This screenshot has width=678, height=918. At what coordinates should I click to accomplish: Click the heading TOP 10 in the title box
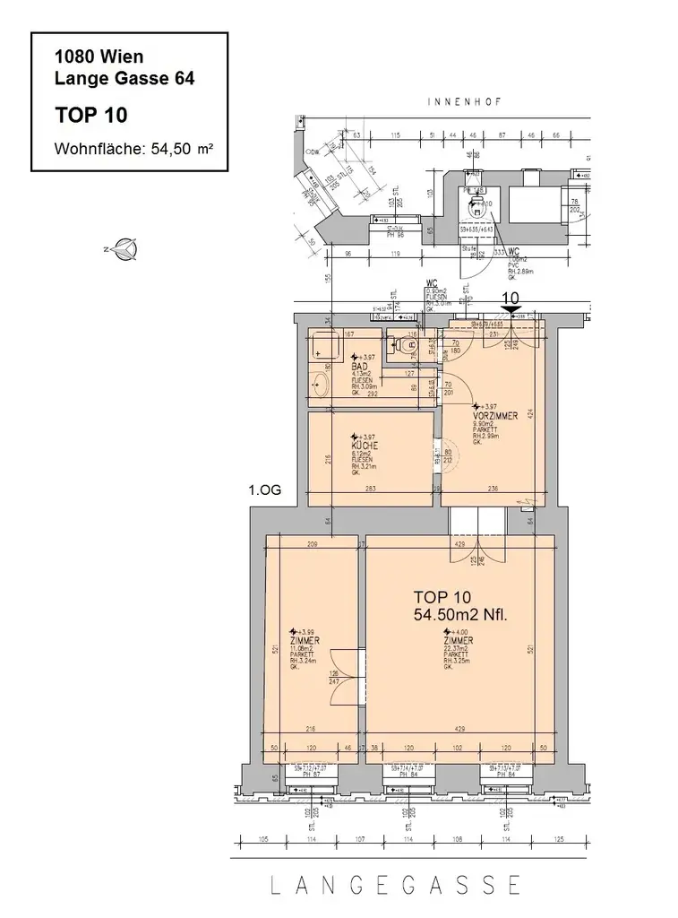pyautogui.click(x=90, y=115)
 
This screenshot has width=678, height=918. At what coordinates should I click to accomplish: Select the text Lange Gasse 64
pyautogui.click(x=124, y=77)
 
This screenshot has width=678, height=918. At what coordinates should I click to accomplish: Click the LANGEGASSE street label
pyautogui.click(x=396, y=885)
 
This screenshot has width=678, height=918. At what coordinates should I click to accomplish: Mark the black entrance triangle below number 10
pyautogui.click(x=511, y=310)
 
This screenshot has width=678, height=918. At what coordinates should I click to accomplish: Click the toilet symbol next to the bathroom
pyautogui.click(x=408, y=344)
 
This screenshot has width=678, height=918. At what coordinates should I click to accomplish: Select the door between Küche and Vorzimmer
pyautogui.click(x=439, y=455)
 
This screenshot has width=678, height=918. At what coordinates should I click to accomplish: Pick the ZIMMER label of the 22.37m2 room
pyautogui.click(x=457, y=641)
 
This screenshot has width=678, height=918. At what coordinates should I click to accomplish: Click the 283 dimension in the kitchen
pyautogui.click(x=370, y=489)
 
